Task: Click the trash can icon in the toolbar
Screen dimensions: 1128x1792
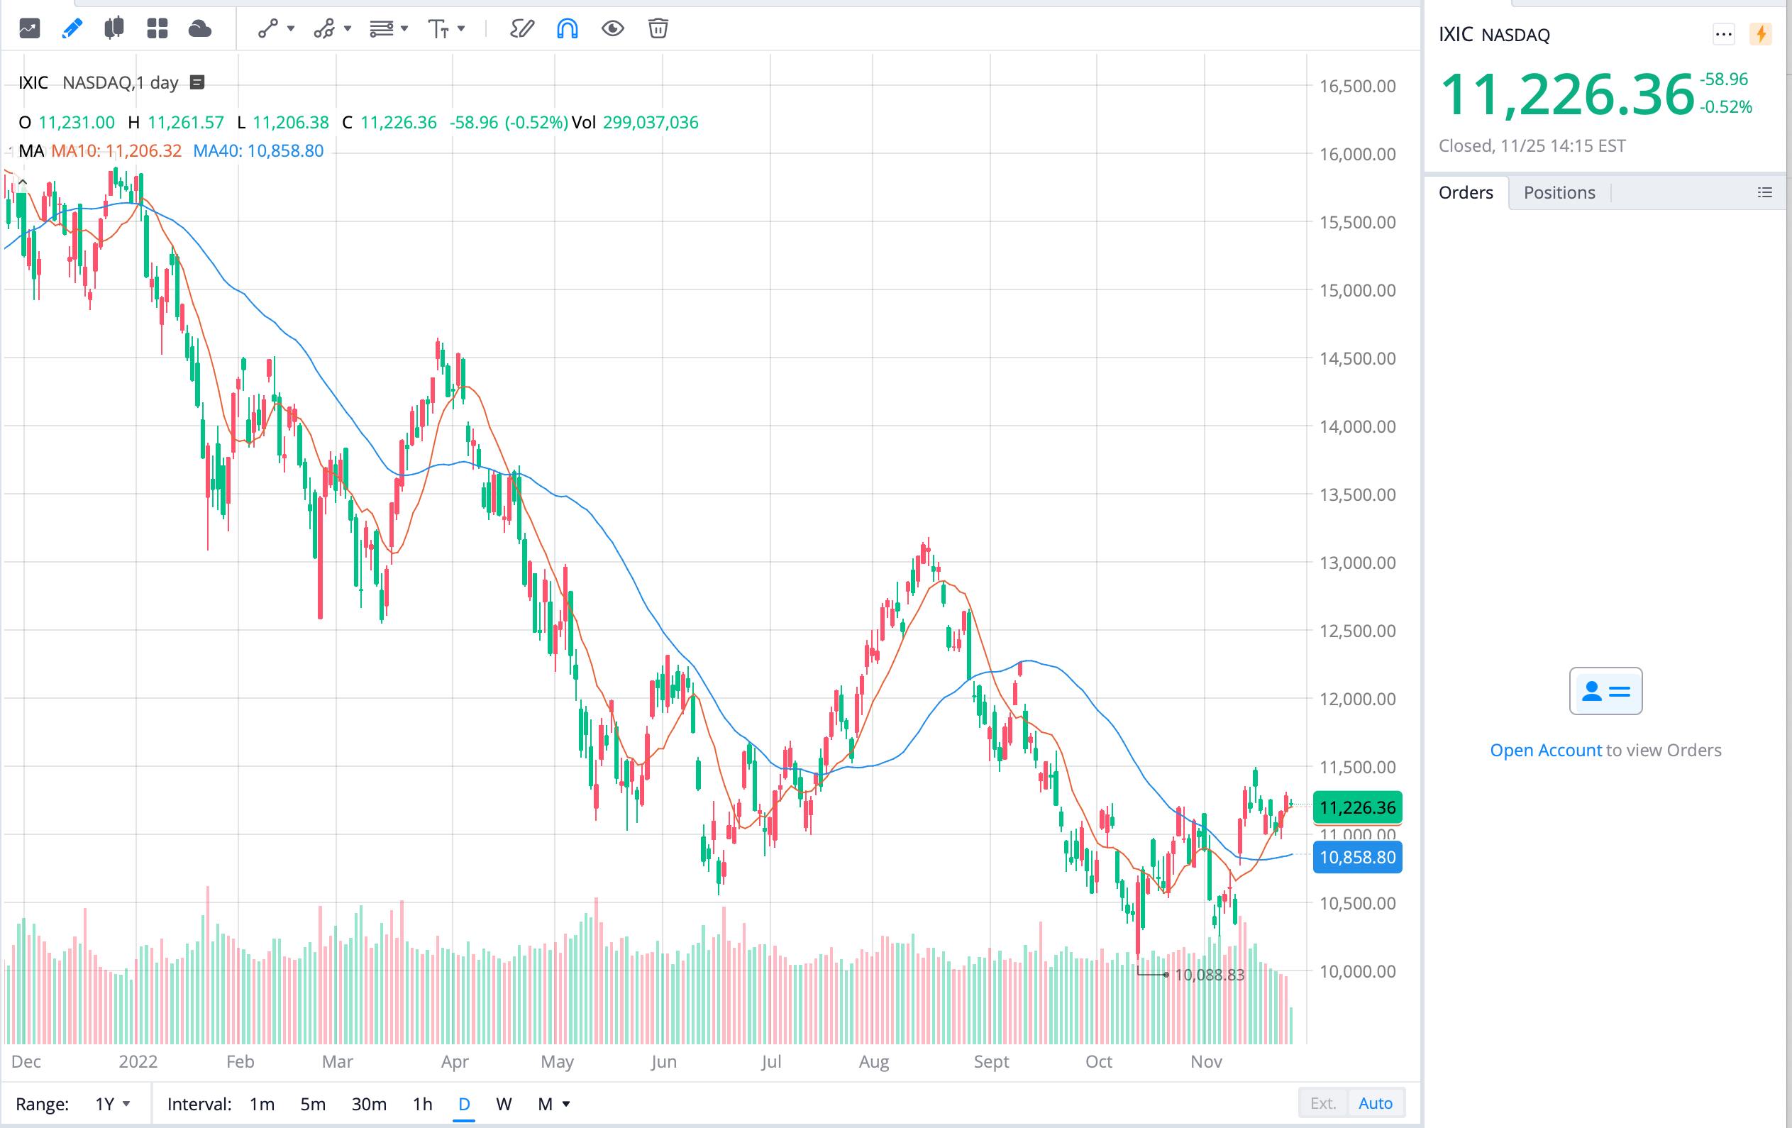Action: (658, 29)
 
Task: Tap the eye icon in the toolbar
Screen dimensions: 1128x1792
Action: (612, 29)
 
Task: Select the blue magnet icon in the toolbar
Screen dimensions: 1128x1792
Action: (567, 29)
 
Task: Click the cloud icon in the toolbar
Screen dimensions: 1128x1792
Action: (199, 29)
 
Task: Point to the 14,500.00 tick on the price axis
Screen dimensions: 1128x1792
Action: (1356, 359)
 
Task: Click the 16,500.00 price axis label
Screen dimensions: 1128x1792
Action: (1356, 87)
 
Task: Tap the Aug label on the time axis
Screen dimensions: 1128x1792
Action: (874, 1062)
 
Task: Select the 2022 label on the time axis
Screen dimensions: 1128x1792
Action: (138, 1062)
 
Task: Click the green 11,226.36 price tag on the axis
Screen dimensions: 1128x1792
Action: (1357, 807)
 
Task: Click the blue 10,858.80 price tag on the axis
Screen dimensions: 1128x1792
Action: (1357, 857)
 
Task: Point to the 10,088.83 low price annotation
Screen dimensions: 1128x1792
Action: (1209, 975)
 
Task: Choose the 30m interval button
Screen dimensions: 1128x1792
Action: (369, 1104)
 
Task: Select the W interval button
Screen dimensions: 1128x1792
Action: (504, 1104)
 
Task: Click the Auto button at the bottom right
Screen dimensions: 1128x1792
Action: (1375, 1103)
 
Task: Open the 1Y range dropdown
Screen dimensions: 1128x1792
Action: (112, 1104)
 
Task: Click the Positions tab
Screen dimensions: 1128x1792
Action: (1559, 193)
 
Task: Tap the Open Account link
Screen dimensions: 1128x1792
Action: (1545, 750)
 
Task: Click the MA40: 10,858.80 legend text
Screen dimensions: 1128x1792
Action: (258, 151)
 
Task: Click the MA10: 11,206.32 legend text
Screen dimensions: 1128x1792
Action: (116, 151)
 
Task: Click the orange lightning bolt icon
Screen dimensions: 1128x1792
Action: (1761, 34)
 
